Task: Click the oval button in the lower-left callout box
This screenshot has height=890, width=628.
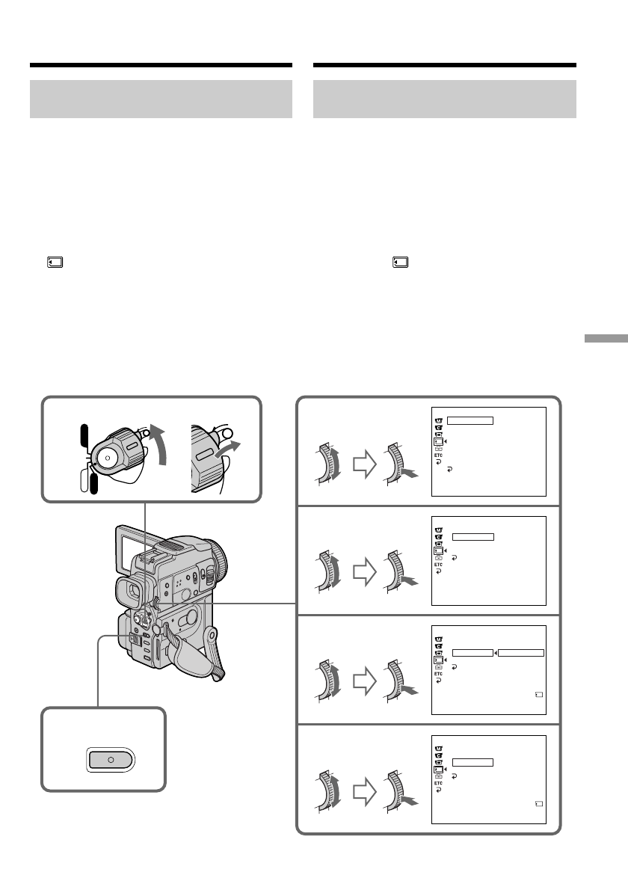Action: (111, 759)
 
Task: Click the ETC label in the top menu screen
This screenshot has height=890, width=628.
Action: (439, 454)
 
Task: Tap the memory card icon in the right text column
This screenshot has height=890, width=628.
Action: (401, 263)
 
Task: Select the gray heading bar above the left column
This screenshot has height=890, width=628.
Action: (161, 99)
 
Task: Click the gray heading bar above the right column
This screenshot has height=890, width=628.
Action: (445, 99)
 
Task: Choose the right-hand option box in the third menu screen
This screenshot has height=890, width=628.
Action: (521, 652)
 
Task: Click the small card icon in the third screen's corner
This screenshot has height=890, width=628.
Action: (540, 695)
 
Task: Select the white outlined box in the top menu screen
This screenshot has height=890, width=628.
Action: (470, 420)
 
